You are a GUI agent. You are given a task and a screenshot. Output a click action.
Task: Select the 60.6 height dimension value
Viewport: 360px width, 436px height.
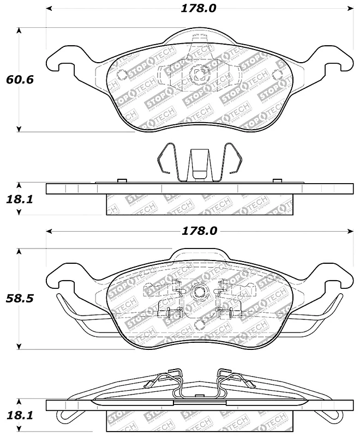[x=20, y=80]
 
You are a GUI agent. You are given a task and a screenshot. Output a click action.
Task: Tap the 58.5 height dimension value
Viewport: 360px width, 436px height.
[x=20, y=299]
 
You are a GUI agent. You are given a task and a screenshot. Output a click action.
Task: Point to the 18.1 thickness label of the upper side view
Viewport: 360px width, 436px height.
[x=20, y=199]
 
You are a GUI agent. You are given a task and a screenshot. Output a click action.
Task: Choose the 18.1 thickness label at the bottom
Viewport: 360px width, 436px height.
[x=20, y=415]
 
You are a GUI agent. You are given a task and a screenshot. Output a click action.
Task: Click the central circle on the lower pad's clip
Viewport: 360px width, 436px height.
[x=199, y=292]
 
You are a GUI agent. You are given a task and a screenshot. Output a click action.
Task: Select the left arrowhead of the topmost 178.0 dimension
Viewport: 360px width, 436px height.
[x=49, y=9]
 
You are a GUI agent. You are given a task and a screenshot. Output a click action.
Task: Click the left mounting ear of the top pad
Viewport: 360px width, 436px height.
[x=63, y=63]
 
